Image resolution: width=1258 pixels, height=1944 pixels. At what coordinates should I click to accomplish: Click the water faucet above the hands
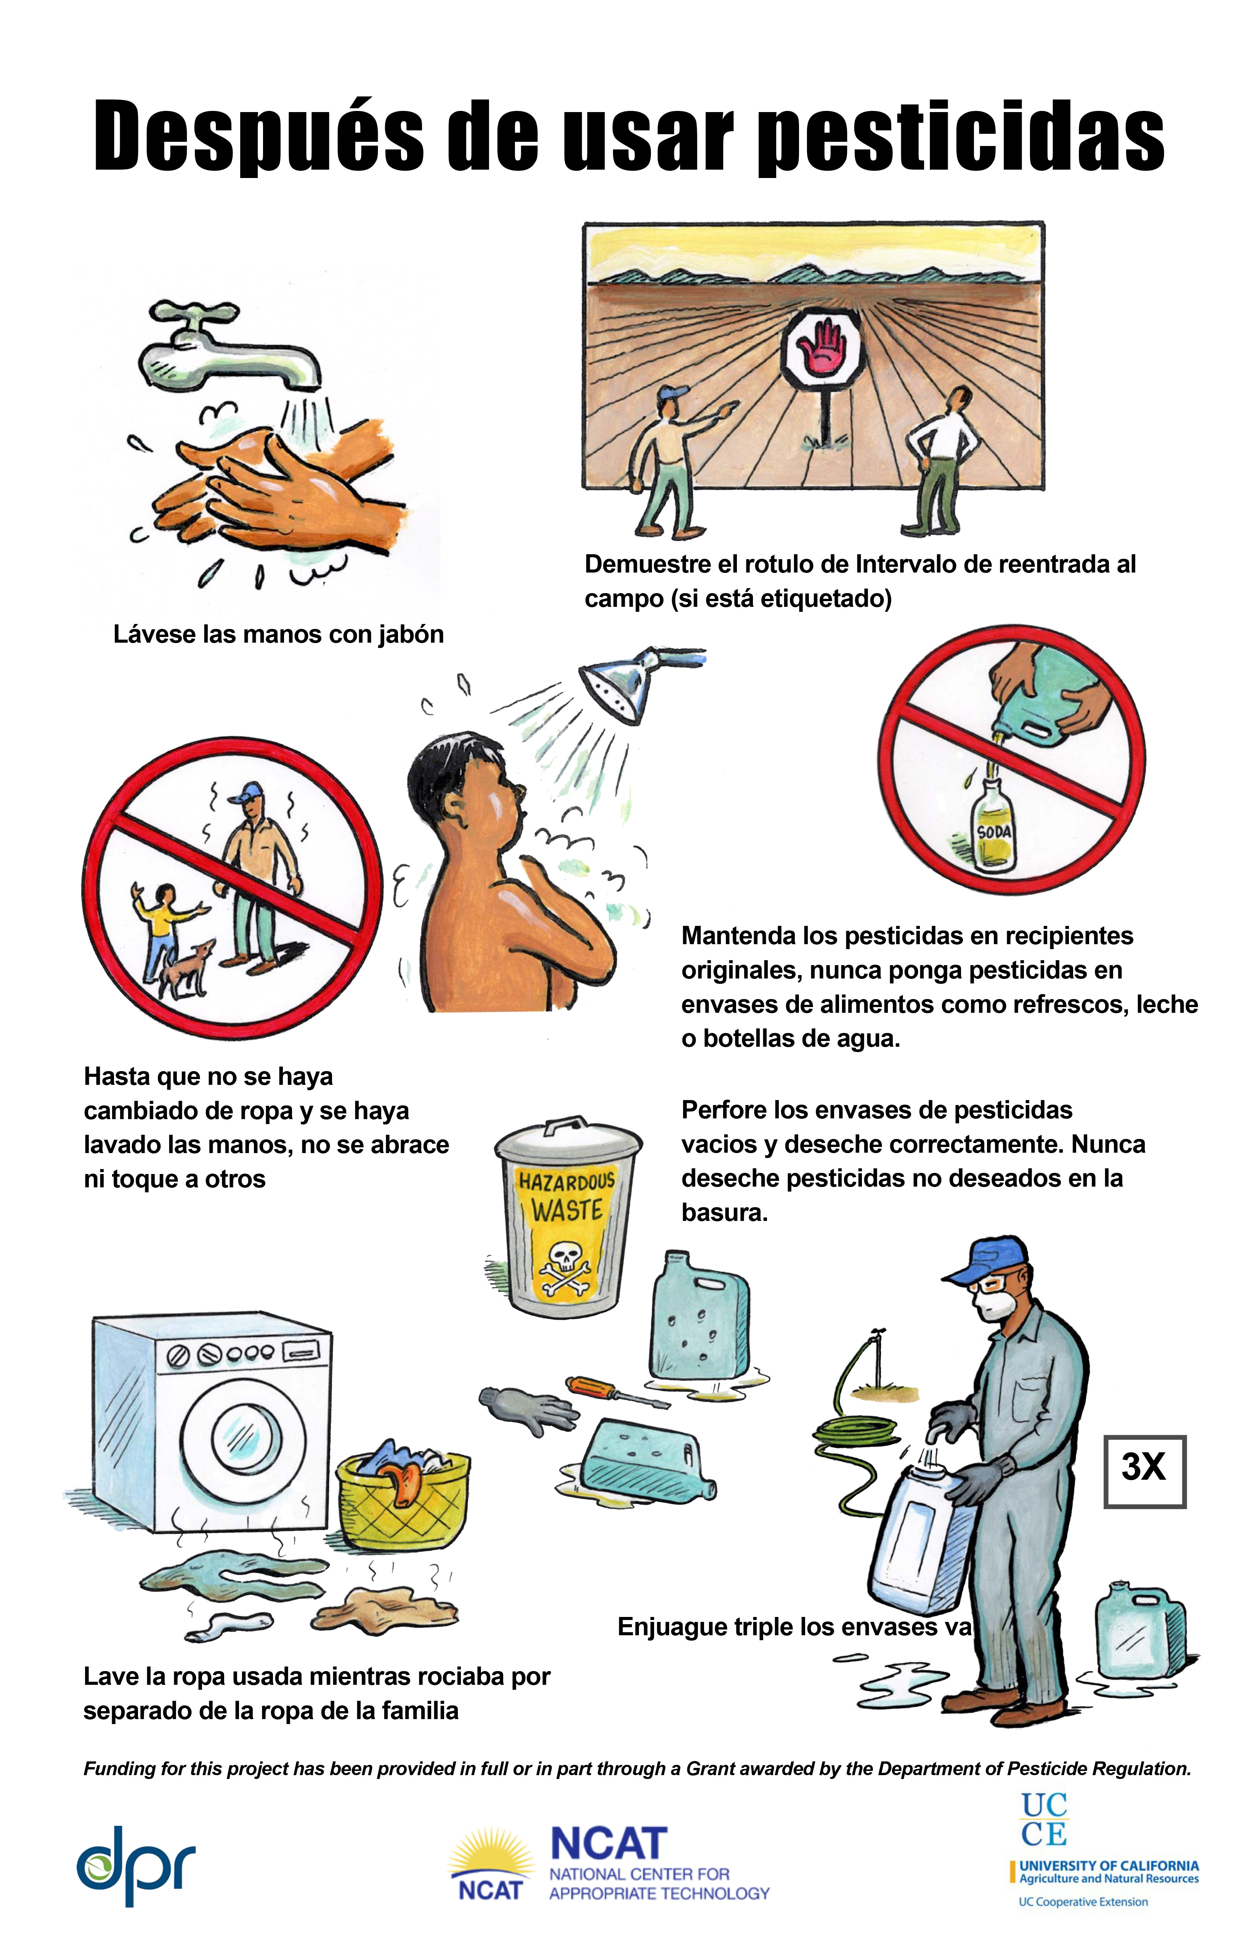pos(225,347)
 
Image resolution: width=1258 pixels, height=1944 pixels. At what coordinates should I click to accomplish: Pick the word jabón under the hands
pos(411,635)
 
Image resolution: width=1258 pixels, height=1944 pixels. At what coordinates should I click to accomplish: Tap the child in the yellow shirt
pos(164,927)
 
